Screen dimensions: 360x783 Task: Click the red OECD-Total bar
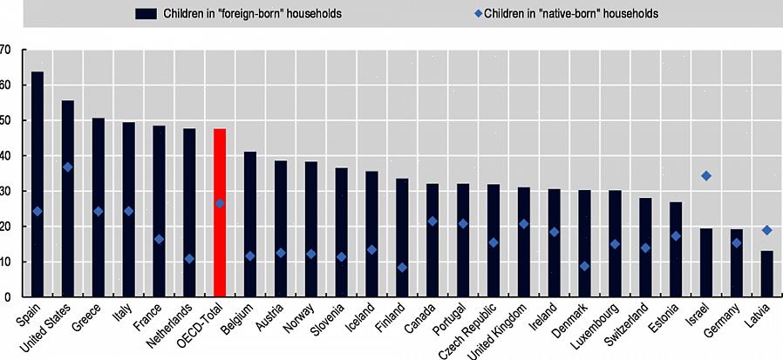220,213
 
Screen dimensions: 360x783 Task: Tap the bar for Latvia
766,274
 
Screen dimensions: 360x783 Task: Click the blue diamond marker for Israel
706,176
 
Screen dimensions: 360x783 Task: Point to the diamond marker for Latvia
766,230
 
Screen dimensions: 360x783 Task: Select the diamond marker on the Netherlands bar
189,259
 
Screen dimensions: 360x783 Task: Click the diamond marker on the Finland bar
402,268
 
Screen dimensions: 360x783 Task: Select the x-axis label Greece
88,319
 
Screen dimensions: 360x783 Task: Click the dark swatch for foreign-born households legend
146,14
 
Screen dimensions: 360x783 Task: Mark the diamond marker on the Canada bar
432,221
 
